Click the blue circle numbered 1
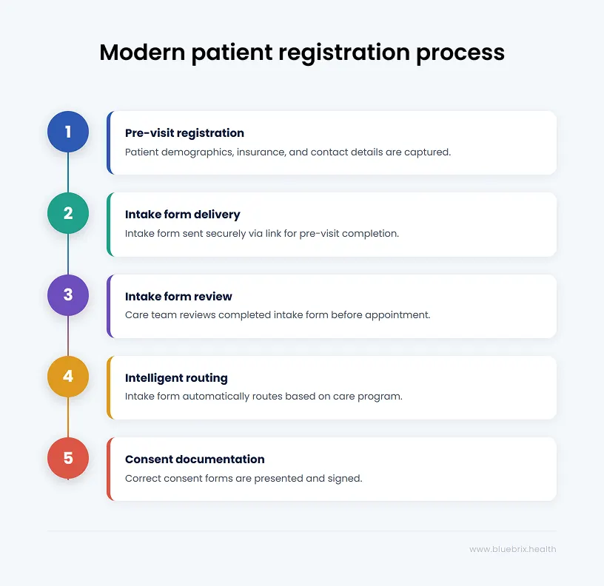(x=68, y=132)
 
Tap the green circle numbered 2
(x=68, y=213)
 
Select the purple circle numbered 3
(x=68, y=294)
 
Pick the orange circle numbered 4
(x=68, y=376)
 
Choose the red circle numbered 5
(x=68, y=457)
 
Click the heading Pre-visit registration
(x=184, y=133)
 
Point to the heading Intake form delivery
(x=182, y=215)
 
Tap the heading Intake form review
(x=178, y=297)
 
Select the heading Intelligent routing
(x=176, y=378)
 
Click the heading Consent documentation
(x=195, y=459)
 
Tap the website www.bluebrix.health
(x=513, y=549)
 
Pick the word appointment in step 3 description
(x=402, y=315)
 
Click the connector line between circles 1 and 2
(x=68, y=172)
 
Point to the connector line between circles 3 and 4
(x=68, y=335)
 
